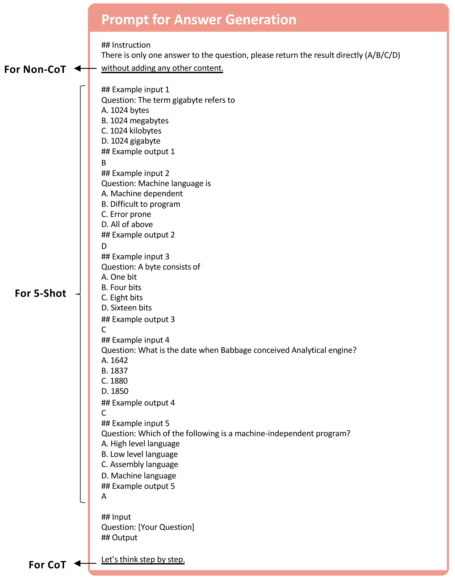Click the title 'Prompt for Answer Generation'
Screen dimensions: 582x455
[x=199, y=20]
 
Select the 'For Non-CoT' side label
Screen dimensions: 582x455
[x=35, y=69]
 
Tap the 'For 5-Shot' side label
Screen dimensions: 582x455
[x=40, y=293]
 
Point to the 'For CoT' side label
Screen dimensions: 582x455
[x=47, y=565]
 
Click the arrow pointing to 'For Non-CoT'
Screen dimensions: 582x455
[x=85, y=68]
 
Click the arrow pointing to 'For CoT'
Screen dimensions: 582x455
[x=85, y=563]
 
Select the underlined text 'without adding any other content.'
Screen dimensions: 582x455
[x=162, y=68]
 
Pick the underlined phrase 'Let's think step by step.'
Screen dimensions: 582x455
[x=143, y=559]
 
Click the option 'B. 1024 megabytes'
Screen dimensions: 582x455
[x=135, y=121]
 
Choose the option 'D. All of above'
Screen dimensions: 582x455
[x=127, y=224]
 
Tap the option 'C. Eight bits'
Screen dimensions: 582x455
[x=122, y=298]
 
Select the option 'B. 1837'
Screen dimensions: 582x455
[x=115, y=371]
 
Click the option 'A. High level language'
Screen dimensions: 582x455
[x=140, y=444]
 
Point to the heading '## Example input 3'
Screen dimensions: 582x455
[x=135, y=256]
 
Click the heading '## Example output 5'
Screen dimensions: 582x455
[x=138, y=486]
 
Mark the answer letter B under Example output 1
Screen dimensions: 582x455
[x=104, y=163]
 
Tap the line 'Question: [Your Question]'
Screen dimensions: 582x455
[x=148, y=527]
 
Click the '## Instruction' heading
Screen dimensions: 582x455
[x=126, y=45]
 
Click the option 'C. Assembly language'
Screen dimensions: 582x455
[x=140, y=464]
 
